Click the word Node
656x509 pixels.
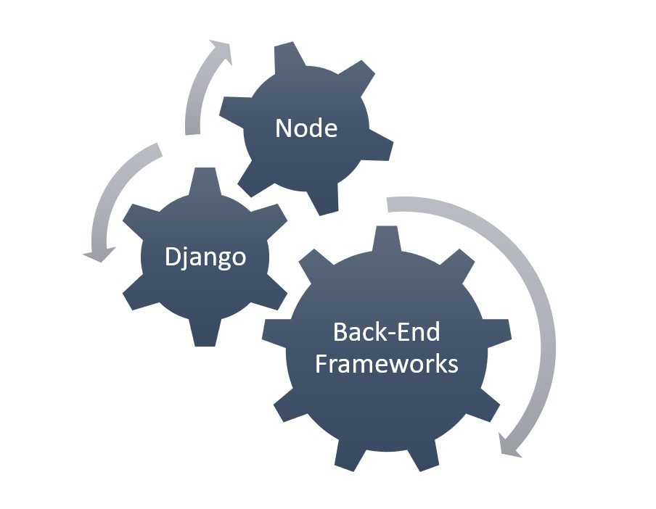[306, 128]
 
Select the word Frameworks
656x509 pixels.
[386, 362]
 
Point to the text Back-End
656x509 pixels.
[386, 332]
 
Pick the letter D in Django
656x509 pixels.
[172, 257]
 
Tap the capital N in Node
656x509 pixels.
[282, 128]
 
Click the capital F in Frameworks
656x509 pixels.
[321, 362]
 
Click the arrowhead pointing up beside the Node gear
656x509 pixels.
[220, 51]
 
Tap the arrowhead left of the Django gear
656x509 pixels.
[99, 253]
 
